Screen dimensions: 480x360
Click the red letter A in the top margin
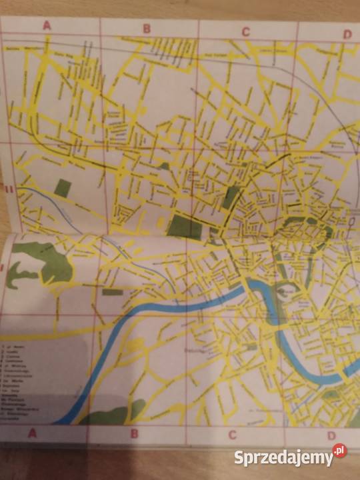(x=47, y=26)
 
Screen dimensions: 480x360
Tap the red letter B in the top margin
(x=147, y=29)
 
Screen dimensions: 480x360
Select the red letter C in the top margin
(x=245, y=31)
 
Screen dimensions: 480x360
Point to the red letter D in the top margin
(x=347, y=34)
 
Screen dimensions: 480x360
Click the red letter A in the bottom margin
(x=31, y=434)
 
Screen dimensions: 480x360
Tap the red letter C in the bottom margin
(x=233, y=436)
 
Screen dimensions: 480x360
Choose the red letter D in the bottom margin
(x=331, y=436)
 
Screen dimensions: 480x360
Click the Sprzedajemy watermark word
(x=283, y=458)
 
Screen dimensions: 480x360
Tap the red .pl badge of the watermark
(x=340, y=451)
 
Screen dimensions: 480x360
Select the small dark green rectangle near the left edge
(x=62, y=188)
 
